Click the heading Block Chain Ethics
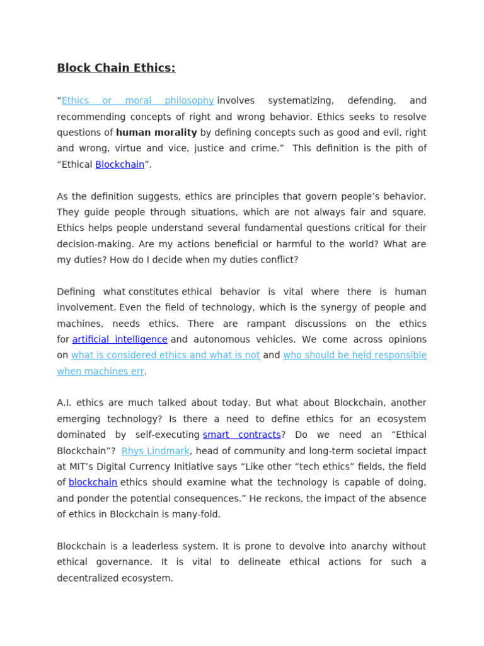click(116, 68)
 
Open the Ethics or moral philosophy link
click(137, 101)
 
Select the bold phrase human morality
click(156, 132)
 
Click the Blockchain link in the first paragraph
click(120, 165)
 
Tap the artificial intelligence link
click(120, 339)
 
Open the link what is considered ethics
click(165, 355)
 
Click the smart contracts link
click(241, 435)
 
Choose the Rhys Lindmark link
click(155, 451)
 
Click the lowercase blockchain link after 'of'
click(93, 483)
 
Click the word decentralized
click(91, 578)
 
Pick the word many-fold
click(201, 514)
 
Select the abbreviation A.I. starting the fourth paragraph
click(65, 403)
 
